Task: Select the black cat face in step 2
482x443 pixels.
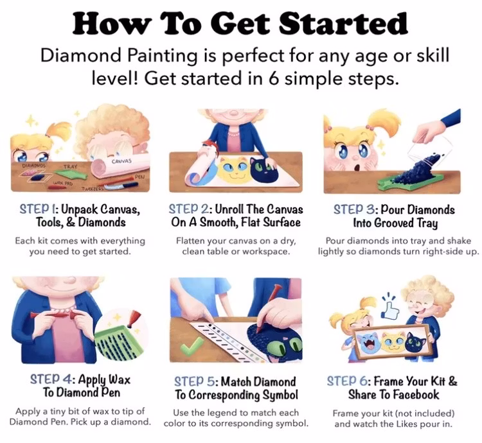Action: (262, 169)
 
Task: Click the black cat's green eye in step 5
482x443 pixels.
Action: (276, 347)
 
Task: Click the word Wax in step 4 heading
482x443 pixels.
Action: (120, 379)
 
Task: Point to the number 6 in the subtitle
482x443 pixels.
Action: (274, 78)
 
